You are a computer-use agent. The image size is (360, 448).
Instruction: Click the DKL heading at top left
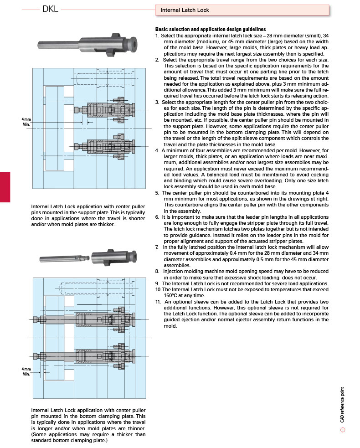coord(50,10)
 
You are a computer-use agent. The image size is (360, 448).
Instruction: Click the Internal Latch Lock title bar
coord(242,10)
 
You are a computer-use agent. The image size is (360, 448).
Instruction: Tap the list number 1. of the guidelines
coord(158,35)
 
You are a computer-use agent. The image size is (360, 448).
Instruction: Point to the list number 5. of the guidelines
coord(157,193)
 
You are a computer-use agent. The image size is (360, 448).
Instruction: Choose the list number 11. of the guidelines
coord(158,302)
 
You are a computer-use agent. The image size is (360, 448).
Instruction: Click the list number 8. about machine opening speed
coord(157,271)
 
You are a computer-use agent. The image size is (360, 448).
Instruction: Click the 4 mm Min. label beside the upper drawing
coord(26,121)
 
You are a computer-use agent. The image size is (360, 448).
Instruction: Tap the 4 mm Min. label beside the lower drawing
coord(26,371)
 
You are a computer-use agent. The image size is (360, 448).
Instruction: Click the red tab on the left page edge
coord(5,187)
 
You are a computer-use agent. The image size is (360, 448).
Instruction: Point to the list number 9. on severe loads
coord(157,283)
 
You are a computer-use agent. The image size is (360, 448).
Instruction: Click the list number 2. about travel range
coord(157,60)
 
